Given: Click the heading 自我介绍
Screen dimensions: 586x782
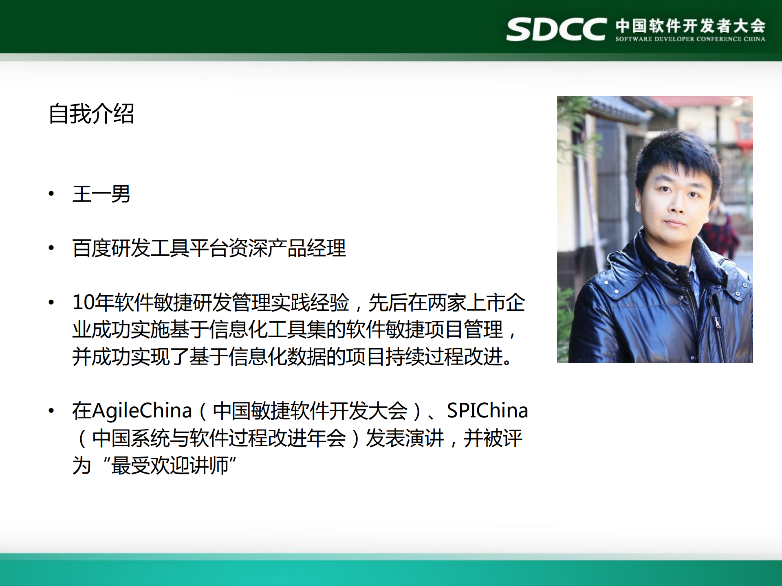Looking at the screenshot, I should pyautogui.click(x=91, y=114).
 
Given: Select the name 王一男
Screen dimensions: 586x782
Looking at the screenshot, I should pyautogui.click(x=101, y=194).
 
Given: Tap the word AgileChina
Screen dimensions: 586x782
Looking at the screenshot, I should pyautogui.click(x=142, y=410).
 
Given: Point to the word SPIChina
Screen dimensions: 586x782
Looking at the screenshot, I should pyautogui.click(x=487, y=410).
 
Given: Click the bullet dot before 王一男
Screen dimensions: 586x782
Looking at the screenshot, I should pyautogui.click(x=51, y=194).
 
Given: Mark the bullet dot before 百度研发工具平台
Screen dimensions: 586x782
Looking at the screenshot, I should pyautogui.click(x=51, y=248).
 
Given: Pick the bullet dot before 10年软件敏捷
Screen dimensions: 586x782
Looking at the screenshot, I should pyautogui.click(x=51, y=303).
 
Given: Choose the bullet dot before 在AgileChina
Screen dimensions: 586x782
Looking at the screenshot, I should pyautogui.click(x=51, y=410).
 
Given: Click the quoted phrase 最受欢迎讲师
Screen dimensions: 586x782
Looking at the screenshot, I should pyautogui.click(x=170, y=465).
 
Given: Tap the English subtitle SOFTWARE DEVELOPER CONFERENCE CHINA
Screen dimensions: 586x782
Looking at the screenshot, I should pyautogui.click(x=690, y=39).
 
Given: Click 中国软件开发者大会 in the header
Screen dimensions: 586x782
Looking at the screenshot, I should pyautogui.click(x=690, y=25).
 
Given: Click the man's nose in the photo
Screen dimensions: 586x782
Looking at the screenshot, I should pyautogui.click(x=677, y=206).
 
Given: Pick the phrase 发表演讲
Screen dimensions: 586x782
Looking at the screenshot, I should pyautogui.click(x=404, y=438).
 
